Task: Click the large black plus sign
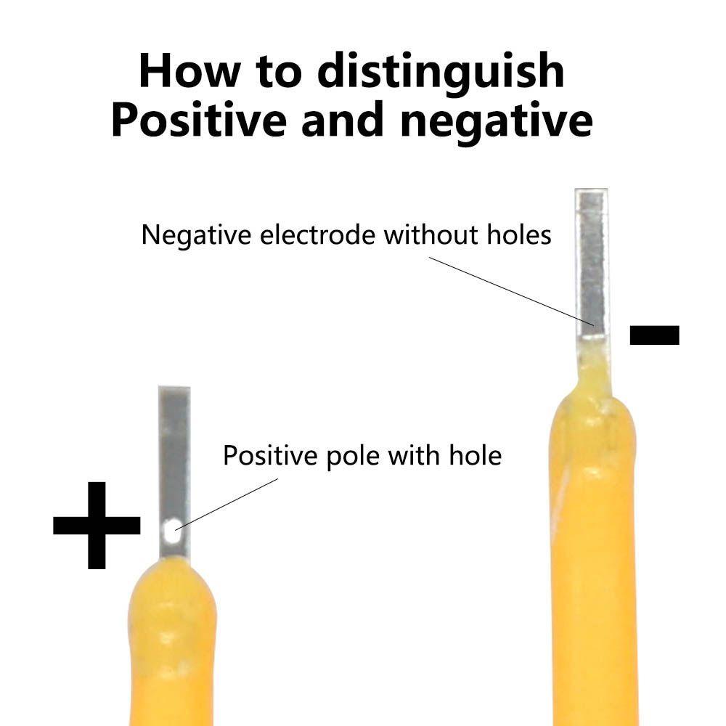(97, 525)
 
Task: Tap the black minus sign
(654, 335)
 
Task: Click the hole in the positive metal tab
(173, 531)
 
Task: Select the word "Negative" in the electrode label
(196, 235)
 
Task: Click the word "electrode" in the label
(317, 234)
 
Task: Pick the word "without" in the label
(431, 234)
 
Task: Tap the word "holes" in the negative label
(519, 234)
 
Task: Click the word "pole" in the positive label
(353, 457)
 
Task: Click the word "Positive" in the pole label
(270, 456)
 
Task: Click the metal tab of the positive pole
(174, 473)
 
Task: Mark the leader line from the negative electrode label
(511, 292)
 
